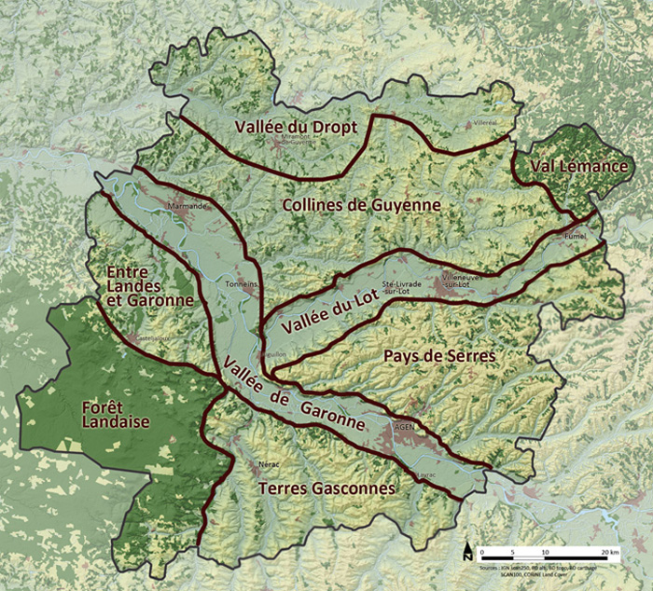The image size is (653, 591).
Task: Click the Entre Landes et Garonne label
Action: pos(150,285)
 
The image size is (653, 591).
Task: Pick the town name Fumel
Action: pos(576,237)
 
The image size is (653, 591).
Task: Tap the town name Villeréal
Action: pos(485,122)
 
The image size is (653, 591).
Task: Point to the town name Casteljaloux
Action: pos(150,337)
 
